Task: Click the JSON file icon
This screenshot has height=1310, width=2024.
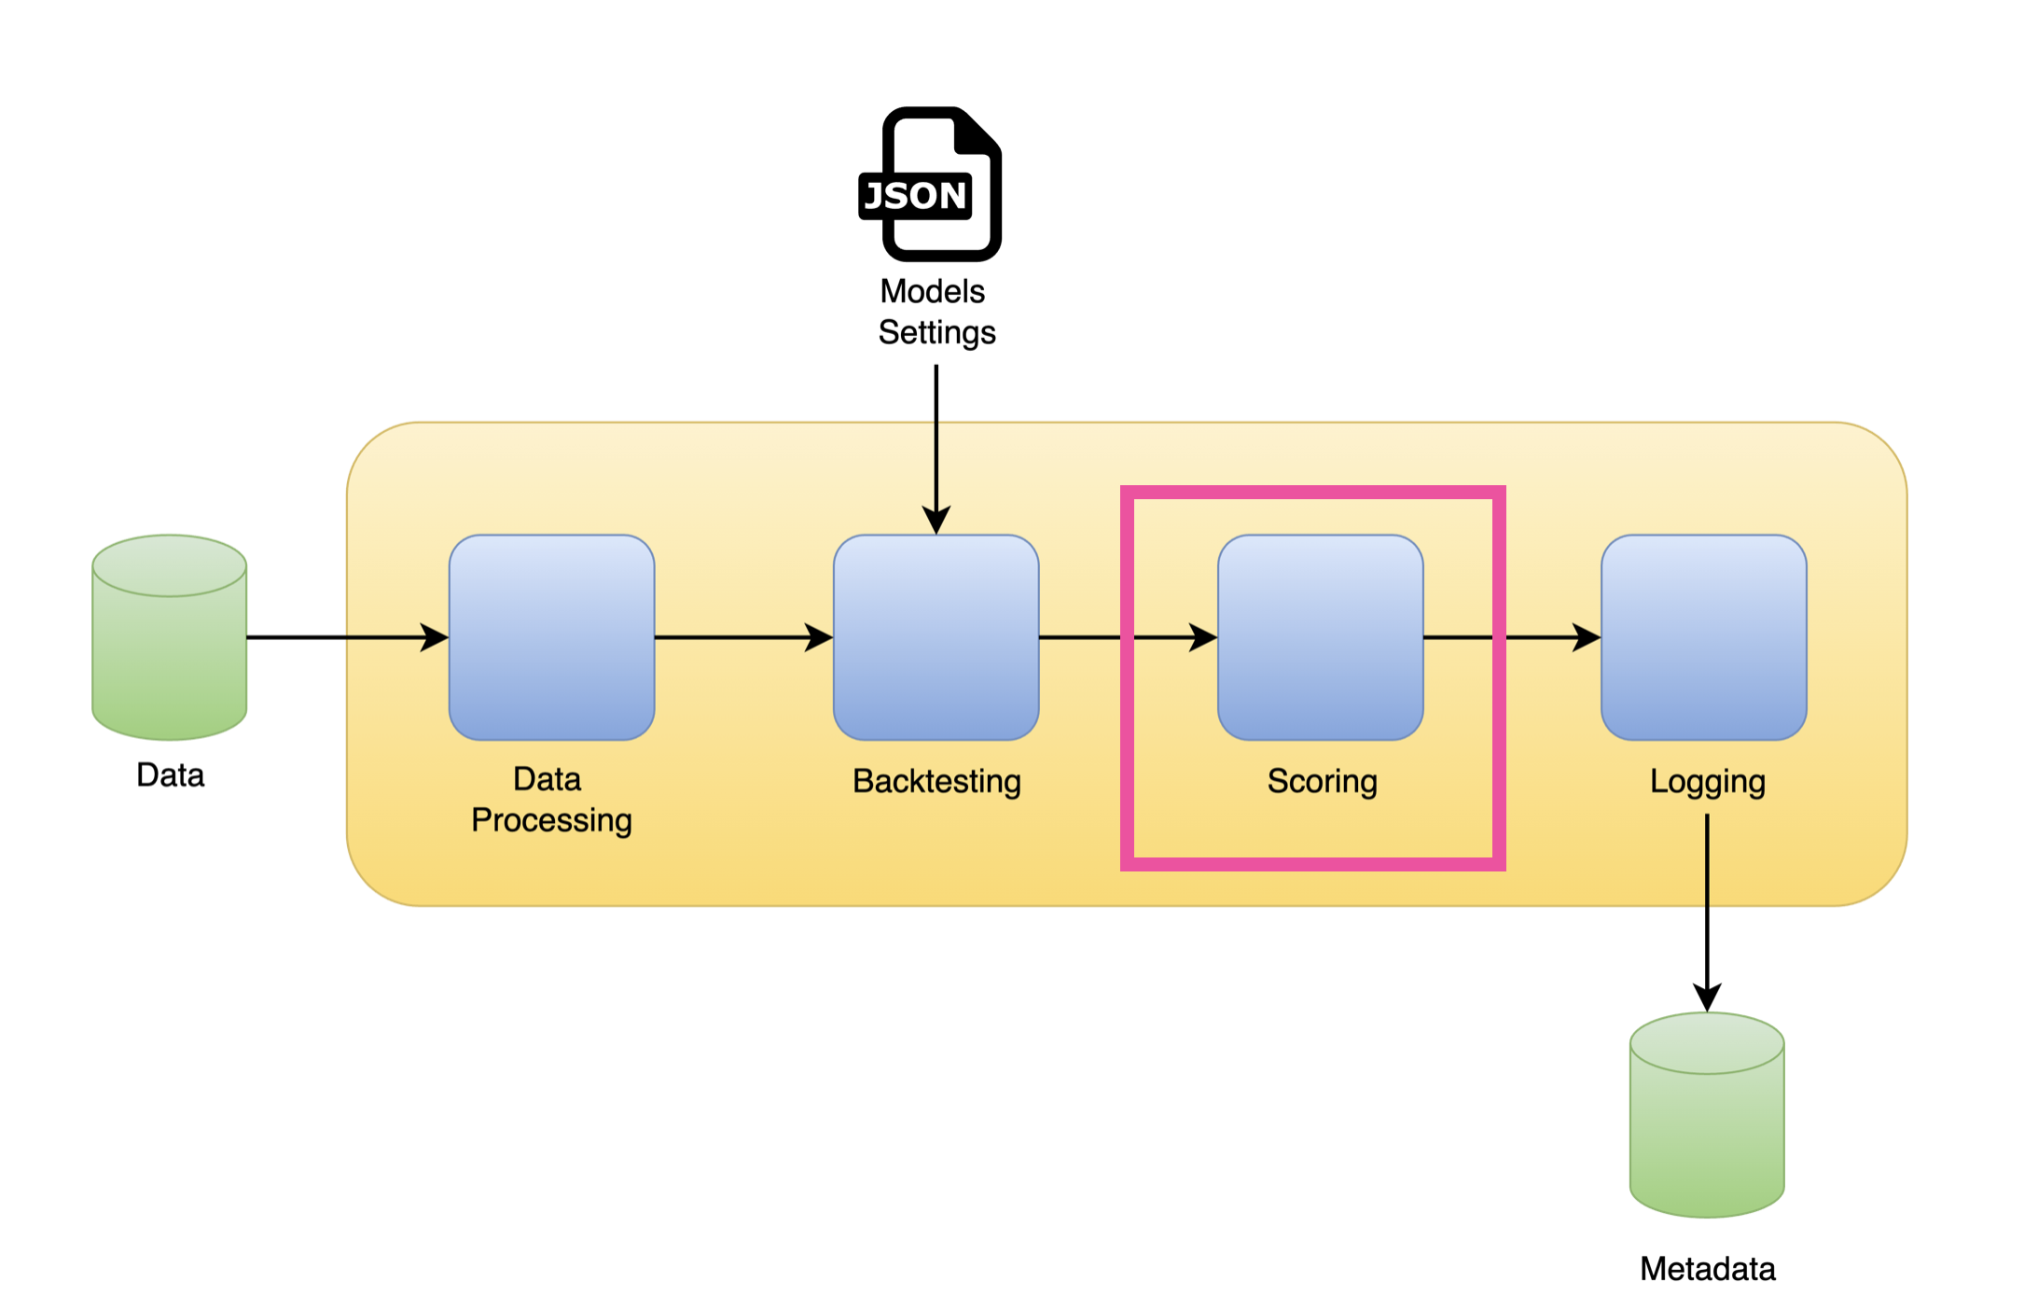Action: [x=931, y=185]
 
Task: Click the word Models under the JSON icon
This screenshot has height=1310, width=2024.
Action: [x=932, y=291]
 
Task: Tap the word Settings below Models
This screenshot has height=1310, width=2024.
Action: [x=936, y=333]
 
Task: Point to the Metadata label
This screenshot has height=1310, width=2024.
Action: [x=1707, y=1269]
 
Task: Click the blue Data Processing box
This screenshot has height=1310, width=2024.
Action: [x=551, y=637]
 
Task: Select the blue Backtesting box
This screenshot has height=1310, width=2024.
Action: [x=936, y=637]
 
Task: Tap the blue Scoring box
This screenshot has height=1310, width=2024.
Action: [x=1320, y=637]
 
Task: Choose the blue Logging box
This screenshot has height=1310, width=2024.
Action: [x=1703, y=637]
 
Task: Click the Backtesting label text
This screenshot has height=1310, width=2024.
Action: [x=936, y=781]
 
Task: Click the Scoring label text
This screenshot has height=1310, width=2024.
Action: [x=1322, y=781]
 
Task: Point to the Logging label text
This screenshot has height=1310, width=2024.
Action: [x=1707, y=781]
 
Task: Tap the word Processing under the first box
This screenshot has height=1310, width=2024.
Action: [x=551, y=820]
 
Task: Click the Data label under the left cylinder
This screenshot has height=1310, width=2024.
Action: [x=170, y=775]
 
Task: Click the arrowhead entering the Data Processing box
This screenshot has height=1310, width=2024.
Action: [x=436, y=637]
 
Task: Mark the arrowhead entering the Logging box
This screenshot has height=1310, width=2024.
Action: [x=1587, y=637]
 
